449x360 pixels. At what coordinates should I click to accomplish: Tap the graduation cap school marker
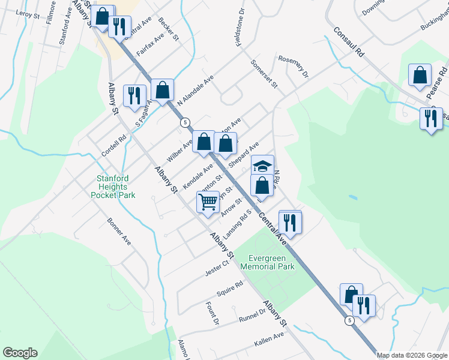pyautogui.click(x=262, y=166)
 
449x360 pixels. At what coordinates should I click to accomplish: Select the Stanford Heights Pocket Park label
pyautogui.click(x=116, y=186)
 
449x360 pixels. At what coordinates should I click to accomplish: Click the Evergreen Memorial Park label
pyautogui.click(x=267, y=262)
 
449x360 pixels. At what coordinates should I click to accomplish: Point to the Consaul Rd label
pyautogui.click(x=349, y=42)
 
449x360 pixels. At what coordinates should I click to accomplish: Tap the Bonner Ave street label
pyautogui.click(x=119, y=231)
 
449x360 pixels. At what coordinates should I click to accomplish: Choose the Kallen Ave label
pyautogui.click(x=268, y=339)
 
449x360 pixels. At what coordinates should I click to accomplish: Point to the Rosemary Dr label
pyautogui.click(x=293, y=66)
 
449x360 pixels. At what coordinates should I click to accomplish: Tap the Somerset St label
pyautogui.click(x=264, y=74)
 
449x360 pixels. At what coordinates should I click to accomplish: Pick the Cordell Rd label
pyautogui.click(x=113, y=146)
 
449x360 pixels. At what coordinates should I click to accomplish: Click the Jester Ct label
pyautogui.click(x=218, y=263)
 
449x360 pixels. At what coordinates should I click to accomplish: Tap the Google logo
pyautogui.click(x=20, y=353)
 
